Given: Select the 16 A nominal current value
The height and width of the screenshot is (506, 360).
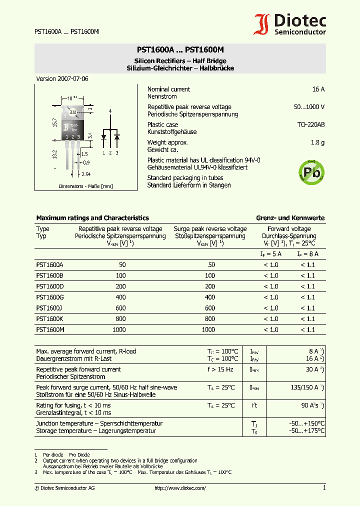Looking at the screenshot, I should (x=318, y=89).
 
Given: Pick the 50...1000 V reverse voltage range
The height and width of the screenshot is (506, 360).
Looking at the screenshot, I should (x=308, y=107).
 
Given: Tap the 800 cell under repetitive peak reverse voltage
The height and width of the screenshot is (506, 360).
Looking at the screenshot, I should (x=120, y=319).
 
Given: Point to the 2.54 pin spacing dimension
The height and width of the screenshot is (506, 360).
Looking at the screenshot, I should (x=86, y=174).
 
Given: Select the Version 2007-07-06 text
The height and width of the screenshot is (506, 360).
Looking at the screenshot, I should (x=62, y=79).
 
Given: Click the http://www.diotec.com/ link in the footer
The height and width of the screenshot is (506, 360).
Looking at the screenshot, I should (x=180, y=488).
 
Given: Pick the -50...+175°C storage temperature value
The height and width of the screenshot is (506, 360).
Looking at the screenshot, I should (x=306, y=430).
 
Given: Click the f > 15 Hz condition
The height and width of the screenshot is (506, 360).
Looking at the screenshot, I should (x=220, y=369).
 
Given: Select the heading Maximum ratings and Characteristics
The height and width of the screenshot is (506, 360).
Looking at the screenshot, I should (x=92, y=218).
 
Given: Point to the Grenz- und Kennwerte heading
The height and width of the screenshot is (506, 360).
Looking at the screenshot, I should (x=290, y=218).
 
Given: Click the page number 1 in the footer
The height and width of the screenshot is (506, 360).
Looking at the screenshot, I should (x=324, y=488).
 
